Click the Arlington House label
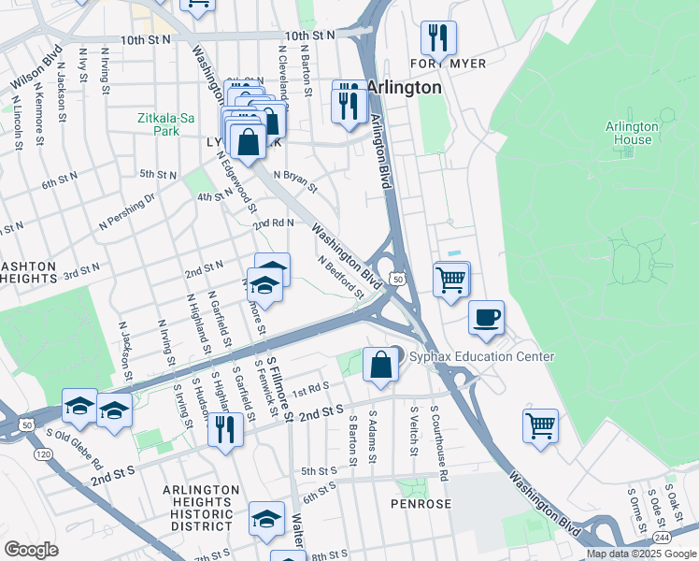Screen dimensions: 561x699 click(x=628, y=133)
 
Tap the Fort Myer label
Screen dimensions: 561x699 click(x=437, y=64)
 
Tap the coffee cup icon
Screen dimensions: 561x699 click(x=486, y=318)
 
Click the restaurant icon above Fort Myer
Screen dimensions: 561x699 click(x=438, y=38)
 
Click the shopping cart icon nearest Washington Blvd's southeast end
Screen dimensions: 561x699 click(x=540, y=425)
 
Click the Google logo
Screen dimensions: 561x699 click(x=31, y=550)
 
